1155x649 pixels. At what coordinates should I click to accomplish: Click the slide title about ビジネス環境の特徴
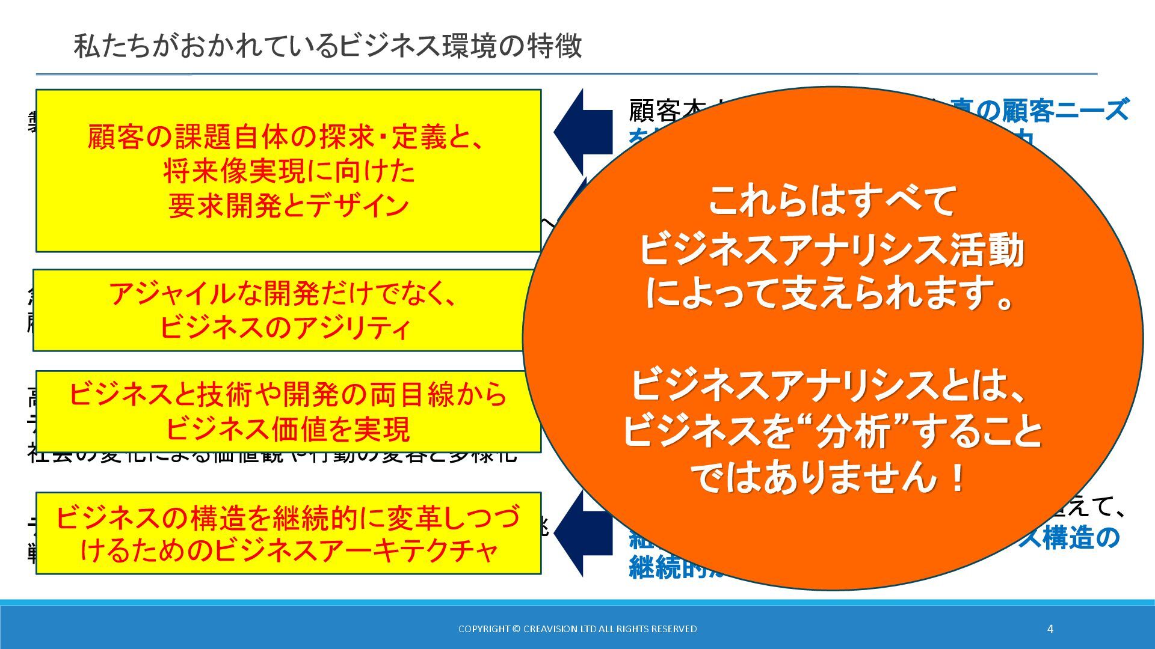point(328,46)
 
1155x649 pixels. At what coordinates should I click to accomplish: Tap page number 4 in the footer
point(1050,629)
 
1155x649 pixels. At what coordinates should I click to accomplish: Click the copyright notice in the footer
point(577,629)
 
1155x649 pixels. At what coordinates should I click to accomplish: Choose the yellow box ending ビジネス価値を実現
point(288,412)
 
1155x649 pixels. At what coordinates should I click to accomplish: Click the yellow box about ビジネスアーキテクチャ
point(288,534)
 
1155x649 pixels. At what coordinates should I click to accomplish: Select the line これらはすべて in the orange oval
point(833,201)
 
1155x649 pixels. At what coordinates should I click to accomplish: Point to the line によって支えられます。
point(833,294)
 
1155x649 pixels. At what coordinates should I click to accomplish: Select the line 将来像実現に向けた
point(289,172)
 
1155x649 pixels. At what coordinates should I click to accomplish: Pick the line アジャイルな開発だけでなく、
point(283,294)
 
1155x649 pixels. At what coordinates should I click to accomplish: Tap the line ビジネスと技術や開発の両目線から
point(288,395)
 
